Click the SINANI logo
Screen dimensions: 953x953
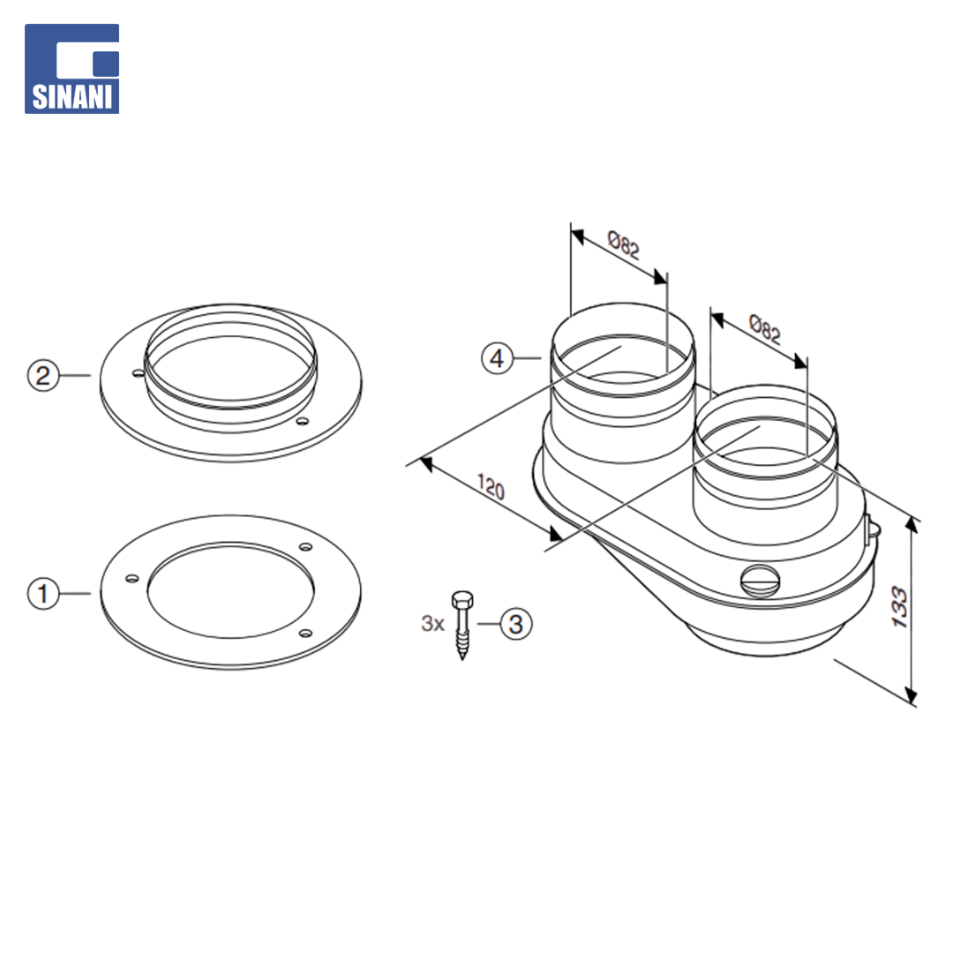pos(71,69)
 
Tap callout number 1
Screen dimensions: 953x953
pos(43,593)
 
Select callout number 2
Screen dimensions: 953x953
pos(43,375)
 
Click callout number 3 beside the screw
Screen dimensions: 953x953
pos(516,624)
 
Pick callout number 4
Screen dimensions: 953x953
pos(497,358)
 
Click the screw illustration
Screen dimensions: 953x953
pos(462,626)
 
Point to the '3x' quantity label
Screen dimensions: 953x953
pos(432,624)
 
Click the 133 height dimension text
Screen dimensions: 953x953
pos(899,606)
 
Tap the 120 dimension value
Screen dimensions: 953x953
pos(492,487)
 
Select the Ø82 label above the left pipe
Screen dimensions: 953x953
pos(624,244)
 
